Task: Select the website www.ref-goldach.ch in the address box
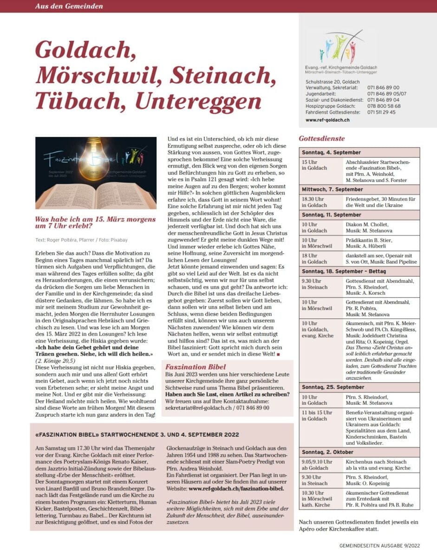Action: click(x=327, y=120)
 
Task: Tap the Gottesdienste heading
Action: click(x=321, y=138)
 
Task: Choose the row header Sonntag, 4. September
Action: click(x=331, y=152)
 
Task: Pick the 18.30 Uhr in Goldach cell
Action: click(x=314, y=202)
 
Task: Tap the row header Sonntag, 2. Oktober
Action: click(x=327, y=452)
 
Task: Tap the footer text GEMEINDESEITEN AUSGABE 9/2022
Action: click(x=380, y=546)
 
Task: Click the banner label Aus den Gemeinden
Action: click(x=69, y=6)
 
